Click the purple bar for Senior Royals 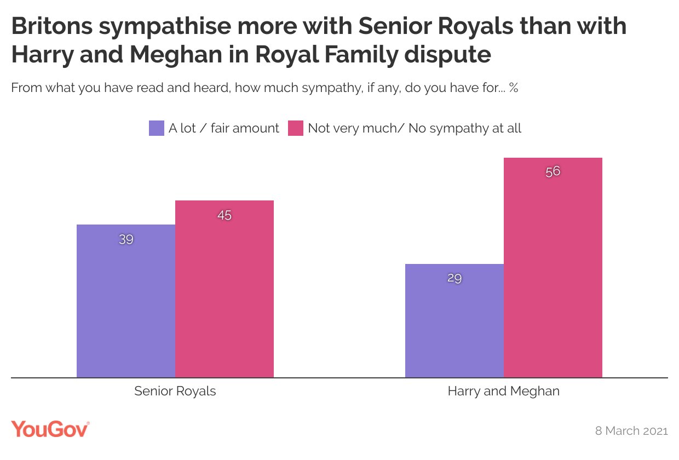[126, 301]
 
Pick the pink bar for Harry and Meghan [553, 268]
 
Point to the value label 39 [126, 239]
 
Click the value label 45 [225, 215]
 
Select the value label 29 [454, 278]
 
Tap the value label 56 [553, 171]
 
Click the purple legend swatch [157, 128]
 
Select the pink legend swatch [296, 128]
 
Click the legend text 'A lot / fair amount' [224, 128]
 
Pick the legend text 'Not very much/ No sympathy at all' [415, 128]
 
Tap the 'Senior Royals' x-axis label [175, 391]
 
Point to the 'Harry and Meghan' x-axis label [504, 391]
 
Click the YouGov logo [50, 429]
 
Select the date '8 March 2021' [631, 430]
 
